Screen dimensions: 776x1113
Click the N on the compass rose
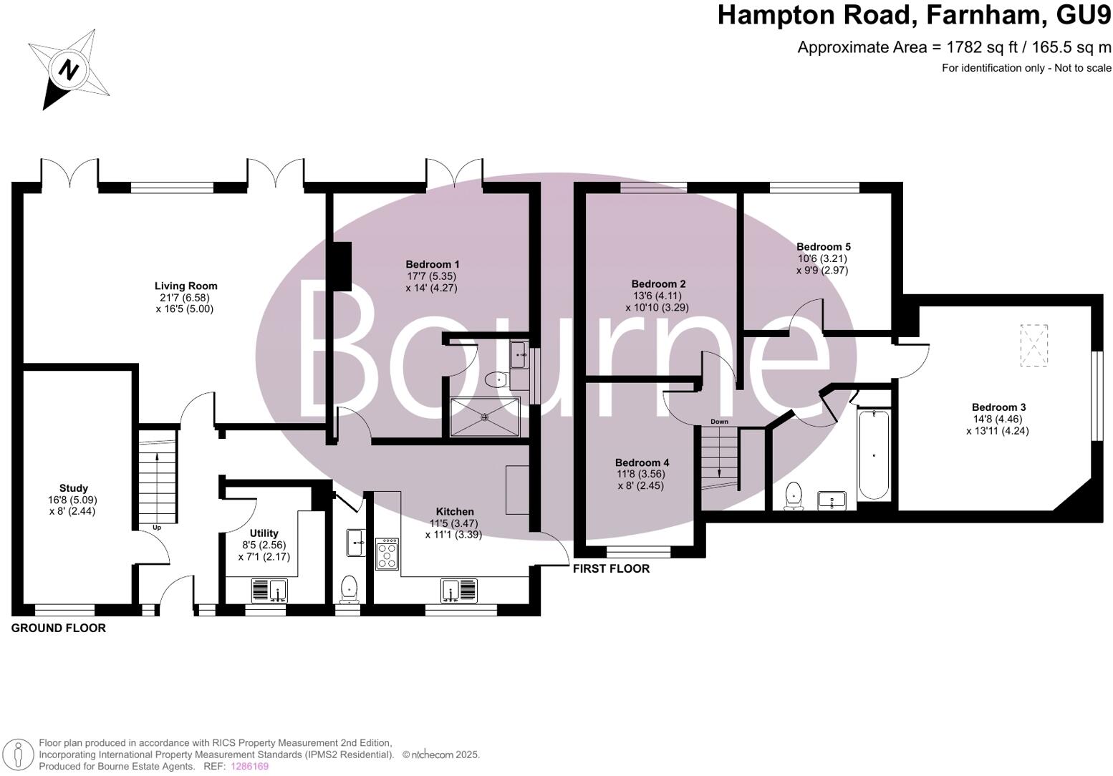click(69, 70)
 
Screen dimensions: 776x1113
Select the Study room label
click(74, 488)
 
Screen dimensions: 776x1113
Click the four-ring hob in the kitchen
click(387, 553)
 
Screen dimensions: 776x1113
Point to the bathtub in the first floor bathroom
click(873, 455)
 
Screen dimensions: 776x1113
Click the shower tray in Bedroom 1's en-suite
click(485, 417)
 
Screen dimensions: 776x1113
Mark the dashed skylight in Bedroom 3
click(1033, 345)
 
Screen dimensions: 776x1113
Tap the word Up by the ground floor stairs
click(156, 528)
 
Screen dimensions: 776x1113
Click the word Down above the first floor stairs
click(719, 422)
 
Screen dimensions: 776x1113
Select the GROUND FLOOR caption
click(59, 628)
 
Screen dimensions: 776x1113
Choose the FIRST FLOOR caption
click(611, 568)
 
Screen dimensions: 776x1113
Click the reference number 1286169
click(249, 766)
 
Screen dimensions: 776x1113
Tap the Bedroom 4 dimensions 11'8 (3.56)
click(642, 474)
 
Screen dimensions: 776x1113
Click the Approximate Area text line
click(954, 47)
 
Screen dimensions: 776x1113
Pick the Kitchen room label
click(455, 511)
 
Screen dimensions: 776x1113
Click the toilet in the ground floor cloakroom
click(350, 588)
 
